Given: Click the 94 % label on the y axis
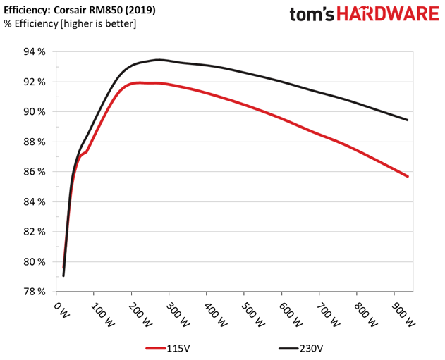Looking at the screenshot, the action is (35, 52).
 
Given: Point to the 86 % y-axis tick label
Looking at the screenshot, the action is (35, 172).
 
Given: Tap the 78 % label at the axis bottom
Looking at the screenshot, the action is (35, 292).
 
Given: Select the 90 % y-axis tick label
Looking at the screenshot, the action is (35, 112).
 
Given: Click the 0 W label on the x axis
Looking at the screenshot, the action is (61, 310).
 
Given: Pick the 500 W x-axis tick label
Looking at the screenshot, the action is (253, 315).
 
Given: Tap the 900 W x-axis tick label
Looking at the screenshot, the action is (403, 315).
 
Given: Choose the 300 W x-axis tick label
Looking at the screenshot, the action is (178, 315).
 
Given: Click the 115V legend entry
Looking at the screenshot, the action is (168, 348).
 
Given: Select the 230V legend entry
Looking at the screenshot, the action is (300, 348).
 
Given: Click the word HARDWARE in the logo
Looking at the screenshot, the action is (388, 14).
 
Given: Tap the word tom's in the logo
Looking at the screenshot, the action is (312, 14).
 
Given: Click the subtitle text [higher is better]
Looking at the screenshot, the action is (98, 23).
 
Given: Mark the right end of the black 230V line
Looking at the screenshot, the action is (408, 120).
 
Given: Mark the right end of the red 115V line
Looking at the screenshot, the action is (408, 176).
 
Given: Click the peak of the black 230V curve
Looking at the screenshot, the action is (159, 60).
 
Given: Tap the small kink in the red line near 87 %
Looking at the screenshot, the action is (86, 151).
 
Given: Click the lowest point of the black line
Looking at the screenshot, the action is (63, 275).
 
